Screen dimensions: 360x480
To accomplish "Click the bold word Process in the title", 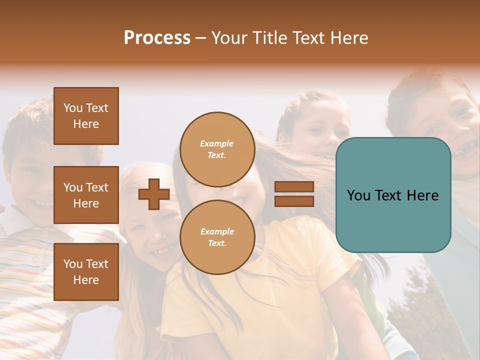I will pyautogui.click(x=157, y=38).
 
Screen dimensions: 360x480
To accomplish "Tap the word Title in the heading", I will pyautogui.click(x=270, y=38).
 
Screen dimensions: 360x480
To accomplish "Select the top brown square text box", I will pyautogui.click(x=86, y=116).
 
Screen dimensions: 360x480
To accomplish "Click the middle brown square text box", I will pyautogui.click(x=86, y=195).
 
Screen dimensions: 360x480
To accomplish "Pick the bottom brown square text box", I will pyautogui.click(x=86, y=271).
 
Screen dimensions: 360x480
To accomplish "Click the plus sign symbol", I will pyautogui.click(x=154, y=194).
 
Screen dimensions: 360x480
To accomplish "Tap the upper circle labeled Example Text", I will pyautogui.click(x=217, y=149).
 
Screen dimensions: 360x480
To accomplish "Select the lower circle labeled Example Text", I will pyautogui.click(x=217, y=237).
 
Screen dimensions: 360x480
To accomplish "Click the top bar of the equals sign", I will pyautogui.click(x=294, y=186).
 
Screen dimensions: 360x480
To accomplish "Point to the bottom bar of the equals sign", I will pyautogui.click(x=294, y=201).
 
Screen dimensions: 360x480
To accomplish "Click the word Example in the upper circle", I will pyautogui.click(x=217, y=143).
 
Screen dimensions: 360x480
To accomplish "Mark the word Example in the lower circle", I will pyautogui.click(x=217, y=231).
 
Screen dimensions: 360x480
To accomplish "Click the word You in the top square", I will pyautogui.click(x=73, y=108).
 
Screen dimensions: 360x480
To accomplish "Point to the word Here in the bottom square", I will pyautogui.click(x=86, y=280).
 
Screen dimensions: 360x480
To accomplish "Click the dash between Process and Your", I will pyautogui.click(x=200, y=38).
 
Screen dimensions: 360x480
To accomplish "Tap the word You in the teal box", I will pyautogui.click(x=358, y=195).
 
